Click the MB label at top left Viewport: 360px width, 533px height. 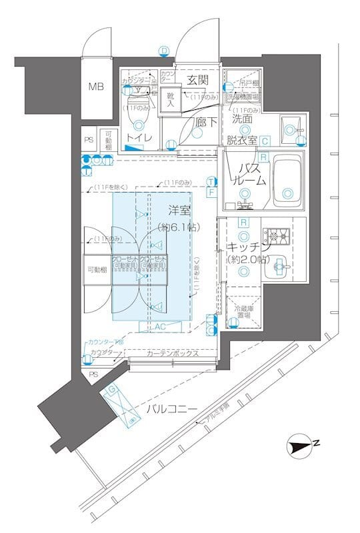pyautogui.click(x=97, y=86)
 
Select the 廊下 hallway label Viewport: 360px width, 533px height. pyautogui.click(x=205, y=123)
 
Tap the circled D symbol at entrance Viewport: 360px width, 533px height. pyautogui.click(x=164, y=50)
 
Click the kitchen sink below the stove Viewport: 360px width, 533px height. pyautogui.click(x=280, y=268)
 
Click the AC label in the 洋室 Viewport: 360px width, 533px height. pyautogui.click(x=159, y=327)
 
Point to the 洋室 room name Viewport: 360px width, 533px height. pyautogui.click(x=181, y=211)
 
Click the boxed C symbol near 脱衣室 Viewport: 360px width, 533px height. pyautogui.click(x=265, y=141)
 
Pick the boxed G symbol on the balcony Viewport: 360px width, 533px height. pyautogui.click(x=112, y=388)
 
